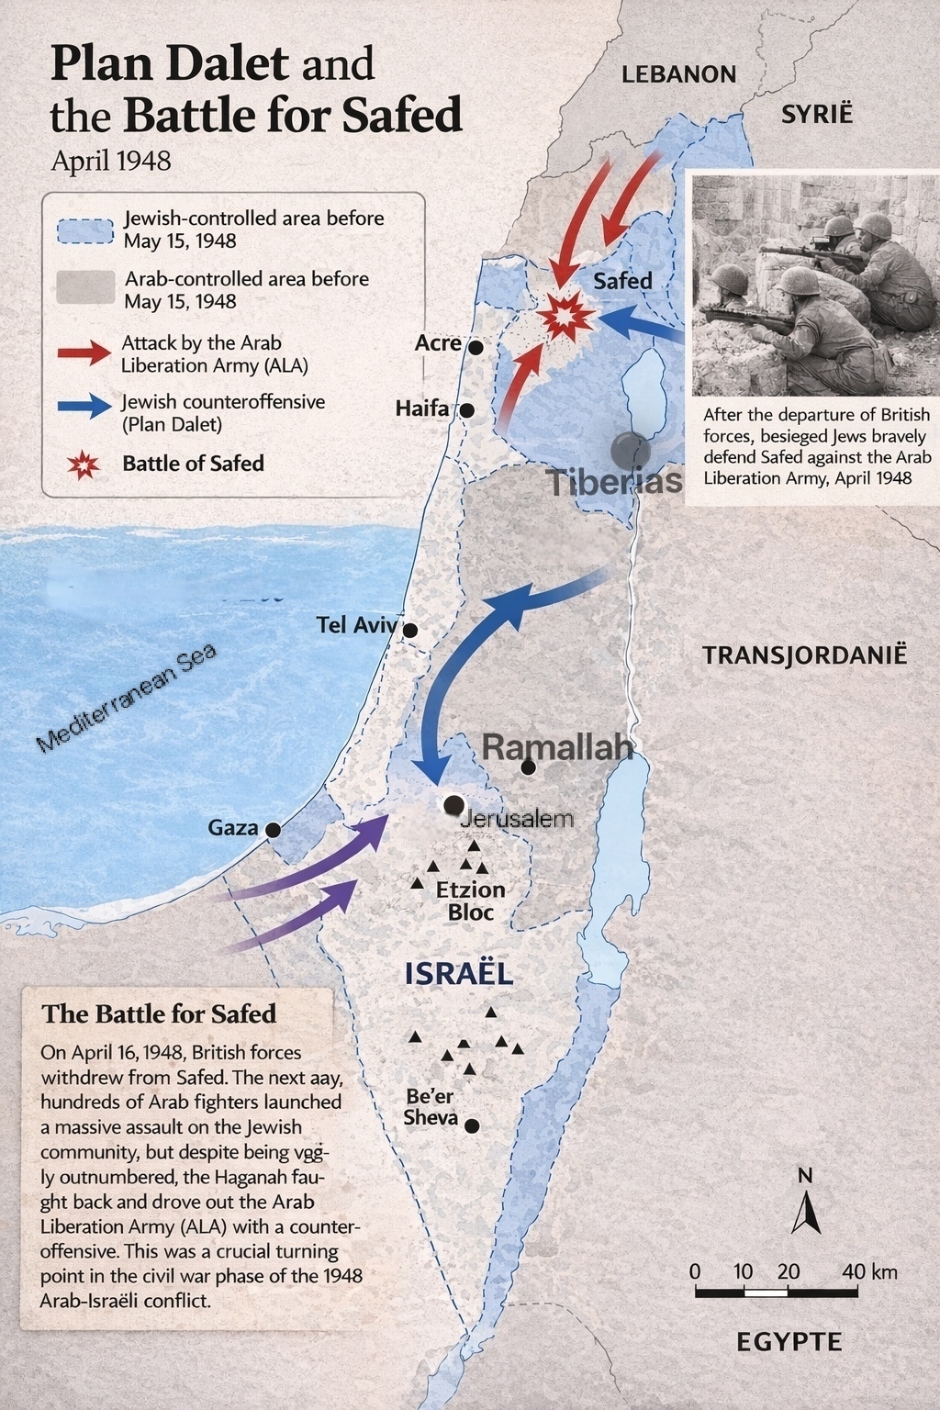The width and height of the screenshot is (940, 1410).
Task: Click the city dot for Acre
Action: coord(476,347)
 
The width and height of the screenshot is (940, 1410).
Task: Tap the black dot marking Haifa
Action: coord(466,410)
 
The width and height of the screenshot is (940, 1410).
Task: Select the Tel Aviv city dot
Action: coord(410,631)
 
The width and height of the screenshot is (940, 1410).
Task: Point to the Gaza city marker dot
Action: coord(273,830)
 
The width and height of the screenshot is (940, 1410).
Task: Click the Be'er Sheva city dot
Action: coord(472,1125)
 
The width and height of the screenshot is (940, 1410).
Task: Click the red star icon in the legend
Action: coord(84,464)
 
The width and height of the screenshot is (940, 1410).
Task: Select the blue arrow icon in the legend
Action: coord(84,407)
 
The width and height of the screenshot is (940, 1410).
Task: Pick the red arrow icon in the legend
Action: coord(84,352)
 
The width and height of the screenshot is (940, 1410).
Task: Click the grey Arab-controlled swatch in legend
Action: coord(85,288)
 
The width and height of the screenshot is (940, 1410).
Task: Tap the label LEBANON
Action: coord(678,74)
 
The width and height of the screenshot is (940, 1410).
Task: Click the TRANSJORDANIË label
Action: coord(804,655)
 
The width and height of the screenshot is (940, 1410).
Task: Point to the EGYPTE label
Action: coord(789,1342)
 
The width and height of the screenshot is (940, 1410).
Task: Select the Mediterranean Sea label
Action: coord(127,698)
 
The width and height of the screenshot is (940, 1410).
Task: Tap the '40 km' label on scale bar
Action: coord(869,1271)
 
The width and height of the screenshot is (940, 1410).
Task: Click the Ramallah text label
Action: coord(557,747)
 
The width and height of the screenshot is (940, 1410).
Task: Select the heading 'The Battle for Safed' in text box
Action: coord(159,1013)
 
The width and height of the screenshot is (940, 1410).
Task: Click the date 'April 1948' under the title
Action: coord(111,161)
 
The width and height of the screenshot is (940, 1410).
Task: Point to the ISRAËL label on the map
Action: coord(458,974)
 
